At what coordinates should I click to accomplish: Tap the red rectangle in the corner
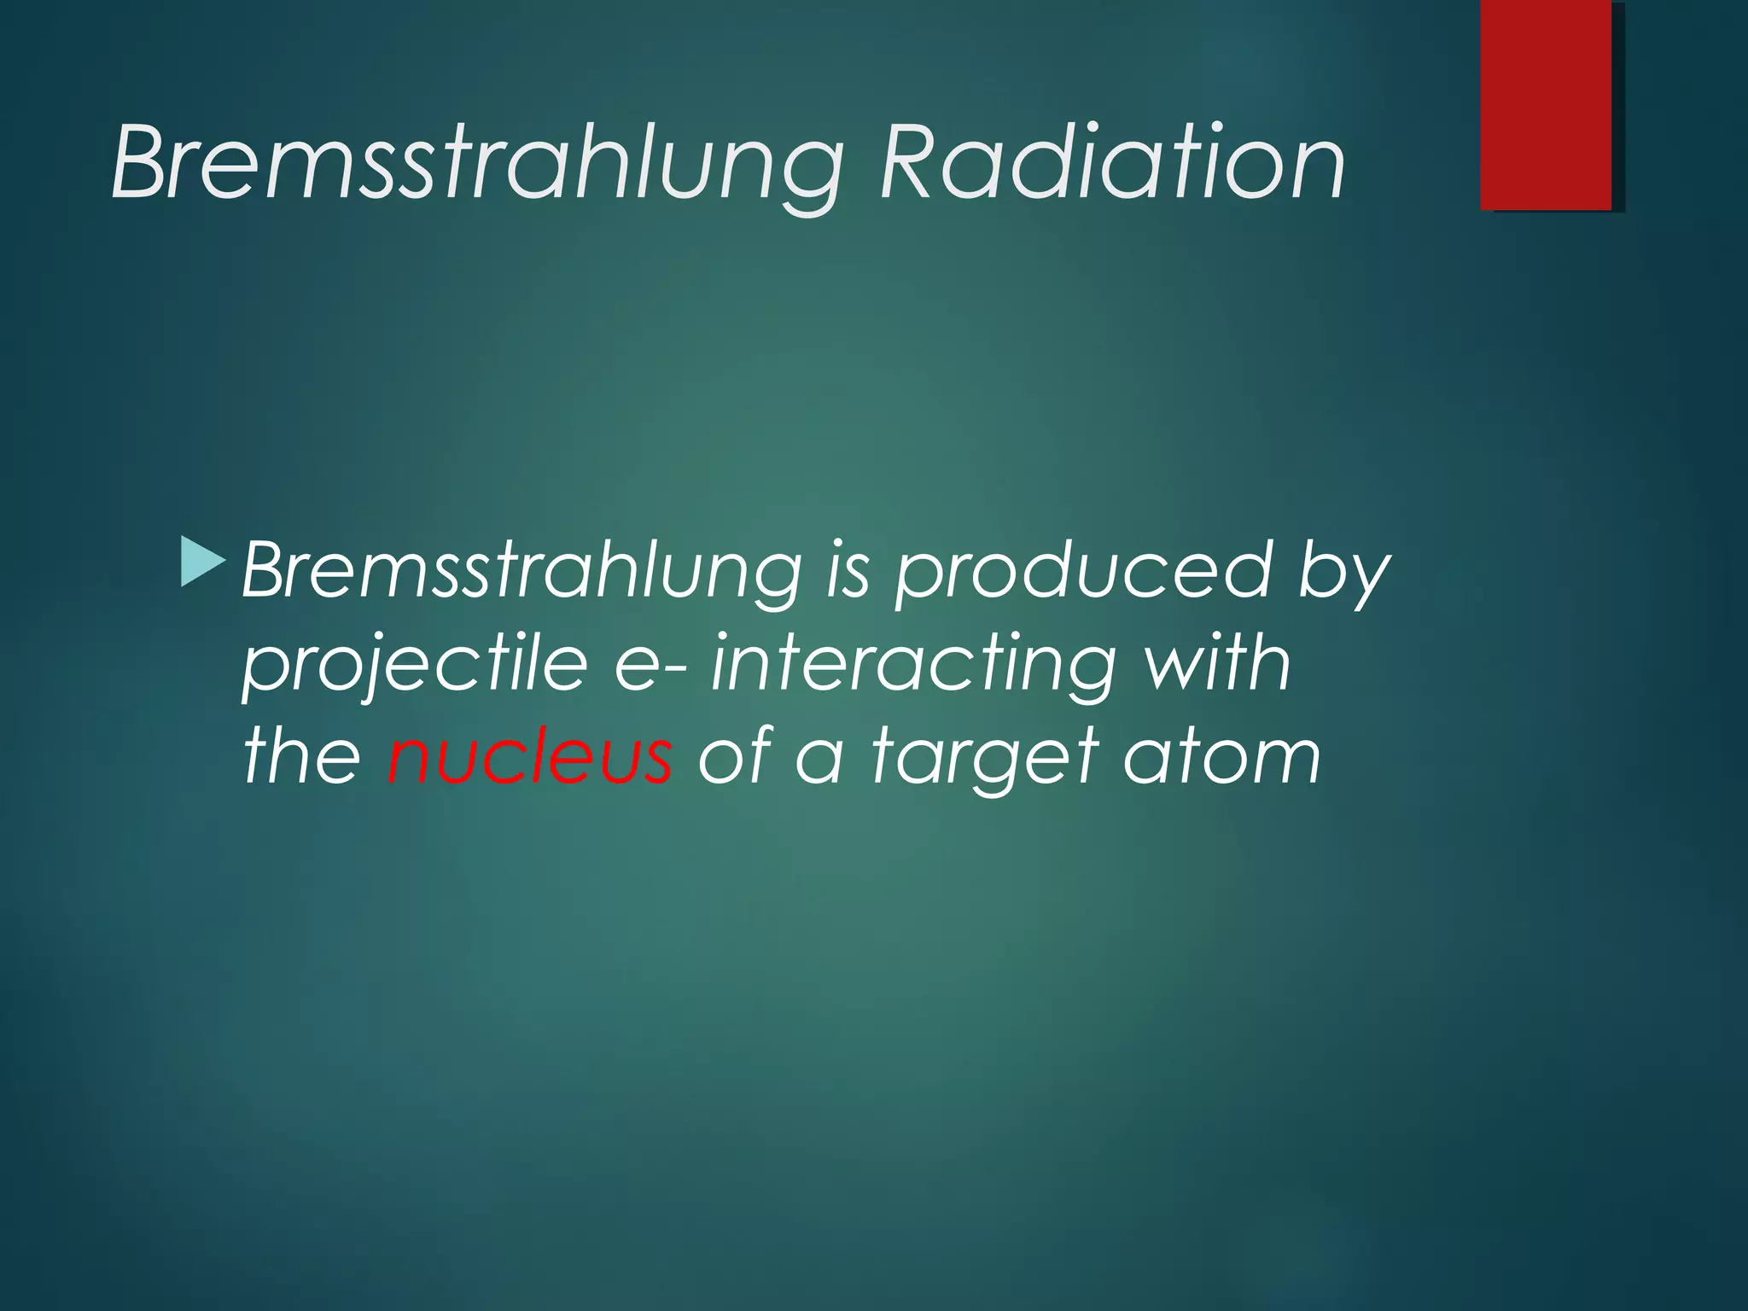(x=1546, y=104)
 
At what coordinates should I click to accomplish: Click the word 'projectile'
(x=415, y=665)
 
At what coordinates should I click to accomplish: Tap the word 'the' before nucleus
(x=302, y=755)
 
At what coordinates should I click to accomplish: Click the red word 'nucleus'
(x=529, y=756)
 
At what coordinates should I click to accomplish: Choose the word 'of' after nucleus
(x=733, y=755)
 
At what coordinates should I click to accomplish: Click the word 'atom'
(x=1221, y=756)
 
